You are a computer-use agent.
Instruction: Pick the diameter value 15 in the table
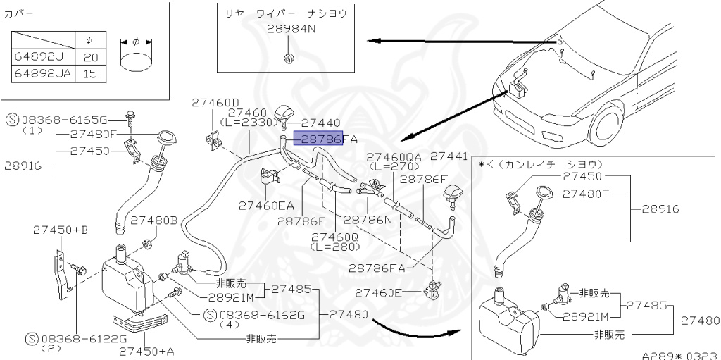(x=90, y=73)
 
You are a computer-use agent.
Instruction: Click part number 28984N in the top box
(x=291, y=30)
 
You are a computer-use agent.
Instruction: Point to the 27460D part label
(x=215, y=103)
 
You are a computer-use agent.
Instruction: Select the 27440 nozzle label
(x=321, y=122)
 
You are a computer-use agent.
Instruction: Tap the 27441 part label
(x=449, y=156)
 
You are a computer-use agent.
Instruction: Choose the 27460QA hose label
(x=394, y=156)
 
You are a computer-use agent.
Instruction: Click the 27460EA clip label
(x=266, y=206)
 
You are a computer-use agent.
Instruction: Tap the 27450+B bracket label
(x=60, y=230)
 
